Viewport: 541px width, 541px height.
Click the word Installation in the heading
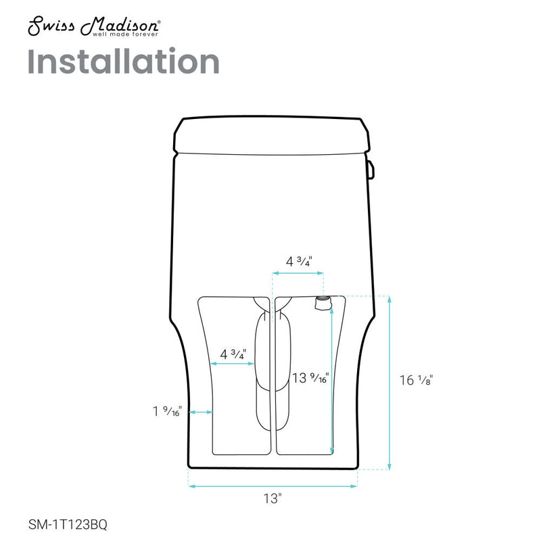tap(123, 62)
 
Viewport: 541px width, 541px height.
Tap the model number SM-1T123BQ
tap(68, 523)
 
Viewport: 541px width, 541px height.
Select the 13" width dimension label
tap(272, 499)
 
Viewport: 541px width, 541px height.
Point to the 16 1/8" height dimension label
tap(415, 380)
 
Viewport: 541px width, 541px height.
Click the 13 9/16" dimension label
tap(310, 378)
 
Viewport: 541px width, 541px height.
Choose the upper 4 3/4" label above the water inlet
tap(298, 261)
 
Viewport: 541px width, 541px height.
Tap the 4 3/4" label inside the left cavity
tap(233, 353)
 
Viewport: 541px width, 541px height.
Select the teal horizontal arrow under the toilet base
tap(273, 486)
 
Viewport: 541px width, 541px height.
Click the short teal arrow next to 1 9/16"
tap(201, 412)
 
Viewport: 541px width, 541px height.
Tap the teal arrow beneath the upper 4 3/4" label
tap(298, 273)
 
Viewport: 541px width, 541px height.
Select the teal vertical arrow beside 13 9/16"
tap(331, 379)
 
